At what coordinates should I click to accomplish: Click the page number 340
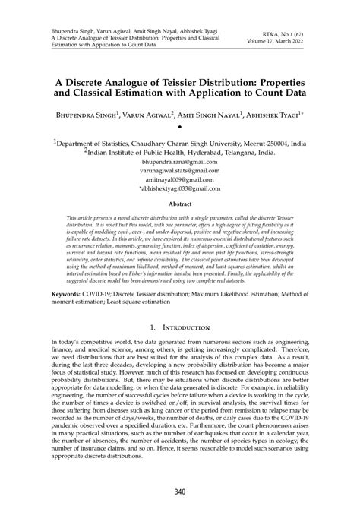coord(180,492)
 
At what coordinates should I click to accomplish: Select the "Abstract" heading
coord(180,204)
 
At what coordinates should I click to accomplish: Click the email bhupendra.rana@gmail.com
coord(180,162)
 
